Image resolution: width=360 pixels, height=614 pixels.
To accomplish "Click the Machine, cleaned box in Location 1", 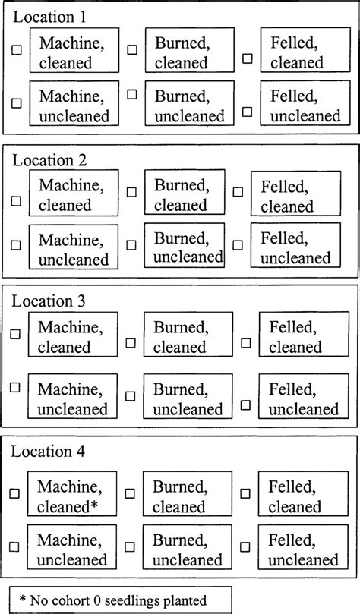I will (x=74, y=51).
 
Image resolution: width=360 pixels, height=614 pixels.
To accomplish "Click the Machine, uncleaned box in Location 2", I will (x=74, y=248).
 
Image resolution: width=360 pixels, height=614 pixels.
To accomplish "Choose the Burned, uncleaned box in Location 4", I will (x=187, y=549).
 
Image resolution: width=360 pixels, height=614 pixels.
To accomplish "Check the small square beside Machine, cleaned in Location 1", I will (x=17, y=49).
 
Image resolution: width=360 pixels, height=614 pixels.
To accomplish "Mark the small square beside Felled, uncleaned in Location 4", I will (x=245, y=547).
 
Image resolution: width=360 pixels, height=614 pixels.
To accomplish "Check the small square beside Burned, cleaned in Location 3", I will (x=131, y=342).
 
